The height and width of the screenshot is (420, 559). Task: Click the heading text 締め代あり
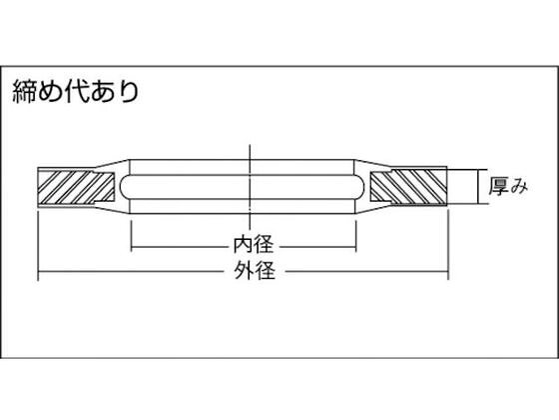(x=76, y=91)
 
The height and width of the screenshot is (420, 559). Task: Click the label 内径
(x=254, y=245)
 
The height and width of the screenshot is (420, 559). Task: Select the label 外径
(x=255, y=270)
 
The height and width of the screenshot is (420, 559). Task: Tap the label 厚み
(x=508, y=186)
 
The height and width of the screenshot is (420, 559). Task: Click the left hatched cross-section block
(x=76, y=187)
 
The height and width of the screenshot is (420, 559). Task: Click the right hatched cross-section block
(x=408, y=187)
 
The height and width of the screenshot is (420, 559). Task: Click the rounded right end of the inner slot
(x=360, y=187)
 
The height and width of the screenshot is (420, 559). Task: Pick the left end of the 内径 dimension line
(x=132, y=246)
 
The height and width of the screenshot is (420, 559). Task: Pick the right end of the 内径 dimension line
(x=356, y=246)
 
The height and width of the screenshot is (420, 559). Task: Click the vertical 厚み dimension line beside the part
(x=477, y=187)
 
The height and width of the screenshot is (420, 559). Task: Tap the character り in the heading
(x=129, y=92)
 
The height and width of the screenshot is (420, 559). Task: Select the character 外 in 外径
(x=244, y=270)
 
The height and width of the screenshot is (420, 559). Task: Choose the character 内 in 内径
(x=244, y=245)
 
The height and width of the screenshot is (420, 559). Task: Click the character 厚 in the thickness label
(x=498, y=186)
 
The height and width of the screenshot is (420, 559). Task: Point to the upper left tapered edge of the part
(x=111, y=164)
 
